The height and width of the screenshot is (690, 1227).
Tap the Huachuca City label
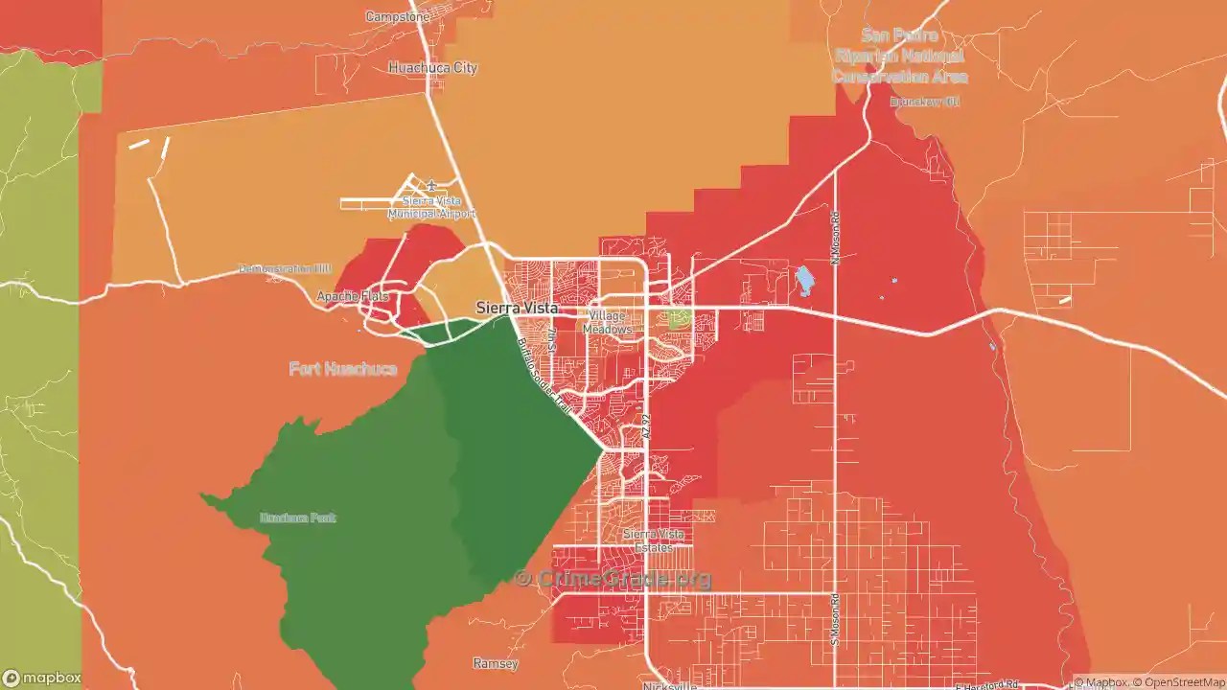coord(432,68)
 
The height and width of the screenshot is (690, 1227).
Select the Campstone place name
coord(398,17)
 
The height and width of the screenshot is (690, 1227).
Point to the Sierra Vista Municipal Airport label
coord(431,207)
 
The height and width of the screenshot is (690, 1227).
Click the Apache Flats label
coord(354,297)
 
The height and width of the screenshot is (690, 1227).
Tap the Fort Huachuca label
coord(343,369)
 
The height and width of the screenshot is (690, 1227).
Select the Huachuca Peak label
coord(298,517)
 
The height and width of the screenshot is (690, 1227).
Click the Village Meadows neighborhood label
coord(608,323)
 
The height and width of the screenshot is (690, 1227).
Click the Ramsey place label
coord(496,663)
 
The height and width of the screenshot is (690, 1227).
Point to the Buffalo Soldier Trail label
coord(544,376)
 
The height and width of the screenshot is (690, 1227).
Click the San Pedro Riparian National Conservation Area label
coord(899,56)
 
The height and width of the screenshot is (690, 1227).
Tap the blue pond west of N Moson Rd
coord(804,281)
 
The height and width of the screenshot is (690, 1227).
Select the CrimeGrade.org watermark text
coord(613,578)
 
